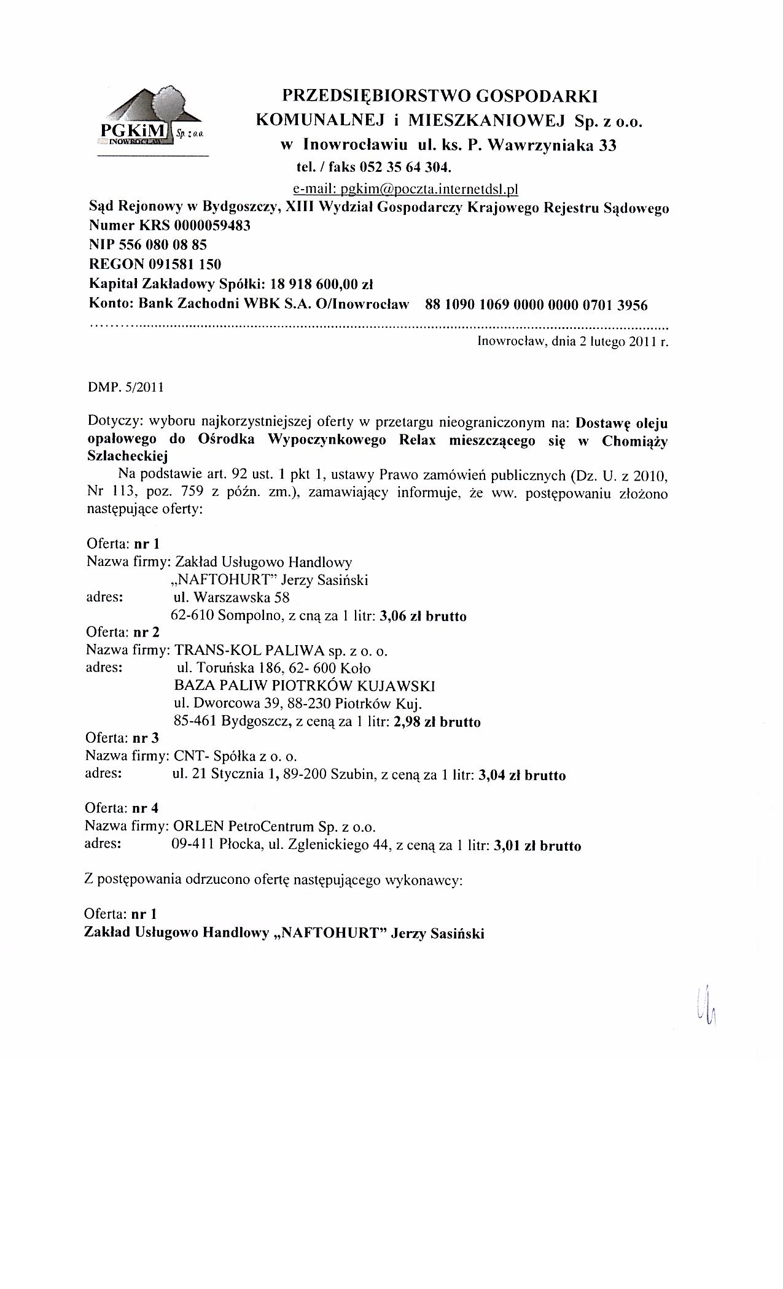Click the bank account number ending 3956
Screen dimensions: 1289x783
[536, 304]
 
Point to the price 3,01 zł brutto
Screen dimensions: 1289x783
[537, 846]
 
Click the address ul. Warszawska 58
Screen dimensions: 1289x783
[232, 597]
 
